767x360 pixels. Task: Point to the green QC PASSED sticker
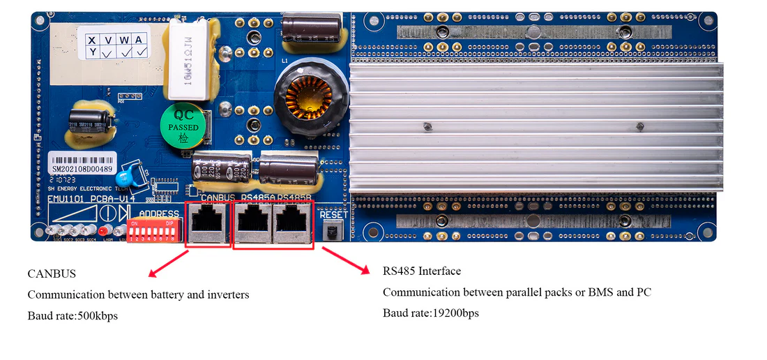[183, 127]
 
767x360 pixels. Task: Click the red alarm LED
[103, 231]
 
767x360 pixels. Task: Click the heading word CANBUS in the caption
[52, 273]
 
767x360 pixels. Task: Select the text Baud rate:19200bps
[430, 313]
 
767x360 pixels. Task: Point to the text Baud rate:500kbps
[73, 316]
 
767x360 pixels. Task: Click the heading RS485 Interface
[421, 271]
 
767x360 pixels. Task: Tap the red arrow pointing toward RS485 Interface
[344, 260]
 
